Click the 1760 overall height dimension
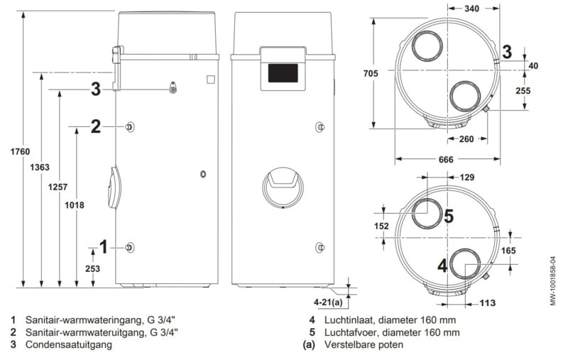tap(20, 152)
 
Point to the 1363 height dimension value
tap(40, 168)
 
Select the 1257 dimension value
tap(58, 187)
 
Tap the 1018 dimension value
tap(75, 205)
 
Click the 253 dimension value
tap(93, 268)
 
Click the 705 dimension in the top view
tap(371, 74)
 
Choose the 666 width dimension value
tap(446, 159)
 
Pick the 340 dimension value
tap(471, 9)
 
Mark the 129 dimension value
tap(467, 178)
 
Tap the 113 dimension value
tap(487, 302)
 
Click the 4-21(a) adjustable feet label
tap(328, 302)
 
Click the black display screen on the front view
tap(283, 73)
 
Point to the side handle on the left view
tap(114, 187)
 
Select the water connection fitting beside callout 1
tap(129, 247)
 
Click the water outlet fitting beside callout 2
tap(129, 127)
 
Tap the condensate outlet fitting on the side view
tap(173, 87)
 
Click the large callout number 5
tap(449, 217)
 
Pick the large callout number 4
tap(442, 266)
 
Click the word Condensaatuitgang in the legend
tap(68, 344)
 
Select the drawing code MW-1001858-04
tap(553, 281)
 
